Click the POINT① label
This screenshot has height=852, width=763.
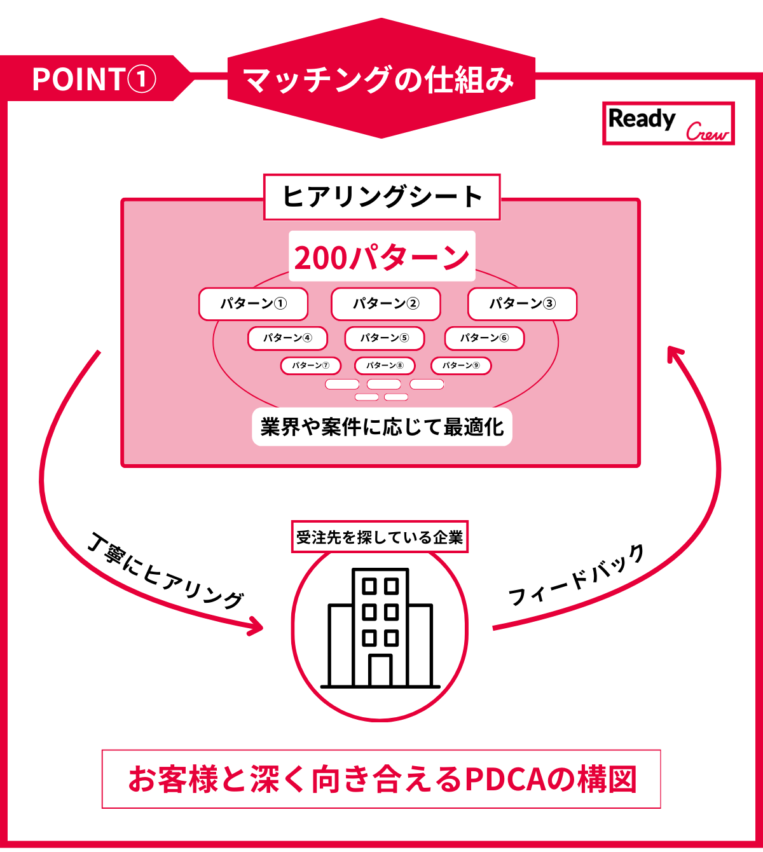pyautogui.click(x=93, y=79)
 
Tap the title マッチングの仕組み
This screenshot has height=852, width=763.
pyautogui.click(x=380, y=80)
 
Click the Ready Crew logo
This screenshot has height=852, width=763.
pyautogui.click(x=668, y=123)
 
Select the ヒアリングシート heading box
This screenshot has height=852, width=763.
pyautogui.click(x=381, y=196)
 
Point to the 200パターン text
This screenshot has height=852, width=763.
pyautogui.click(x=381, y=257)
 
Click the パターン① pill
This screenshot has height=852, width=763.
pyautogui.click(x=253, y=304)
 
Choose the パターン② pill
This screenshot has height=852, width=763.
pyautogui.click(x=385, y=304)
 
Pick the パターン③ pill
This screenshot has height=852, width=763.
pyautogui.click(x=522, y=304)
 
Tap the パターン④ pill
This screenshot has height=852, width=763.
pyautogui.click(x=287, y=338)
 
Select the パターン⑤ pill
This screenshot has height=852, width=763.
pyautogui.click(x=384, y=338)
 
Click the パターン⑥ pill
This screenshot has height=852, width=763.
pyautogui.click(x=484, y=338)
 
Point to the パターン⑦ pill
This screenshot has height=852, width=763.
pyautogui.click(x=310, y=366)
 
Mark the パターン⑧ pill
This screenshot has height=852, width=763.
pyautogui.click(x=384, y=366)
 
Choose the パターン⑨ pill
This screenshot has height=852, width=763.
pyautogui.click(x=460, y=366)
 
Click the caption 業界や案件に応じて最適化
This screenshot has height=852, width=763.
pyautogui.click(x=381, y=427)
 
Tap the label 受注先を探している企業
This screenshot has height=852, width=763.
pyautogui.click(x=380, y=537)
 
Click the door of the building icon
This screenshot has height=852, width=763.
pyautogui.click(x=380, y=670)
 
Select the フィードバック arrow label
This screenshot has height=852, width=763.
pyautogui.click(x=576, y=576)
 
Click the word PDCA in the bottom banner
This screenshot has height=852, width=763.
pyautogui.click(x=505, y=780)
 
